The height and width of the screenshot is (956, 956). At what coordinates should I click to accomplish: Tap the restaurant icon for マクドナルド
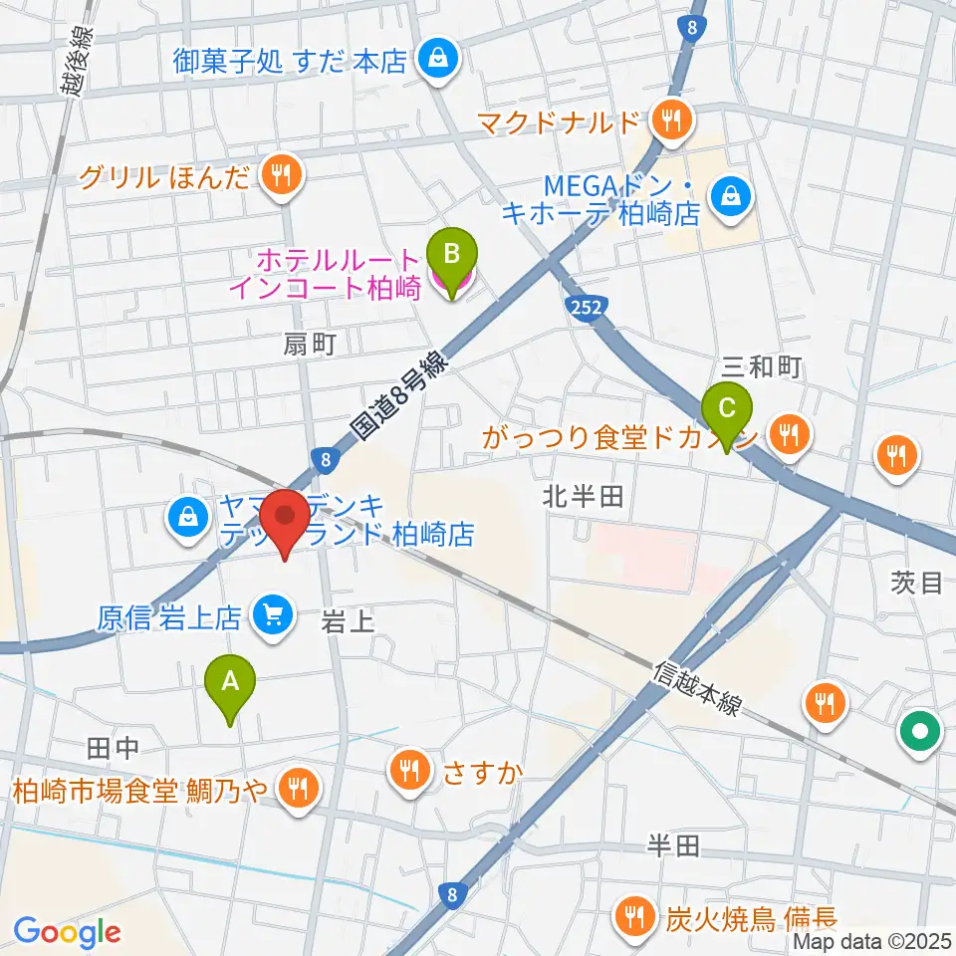click(668, 122)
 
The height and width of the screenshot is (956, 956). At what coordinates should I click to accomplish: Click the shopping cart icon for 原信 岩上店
click(270, 617)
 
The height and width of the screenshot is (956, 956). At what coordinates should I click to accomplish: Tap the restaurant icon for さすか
click(409, 768)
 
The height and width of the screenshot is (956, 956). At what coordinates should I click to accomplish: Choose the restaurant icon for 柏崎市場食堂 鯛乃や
click(297, 790)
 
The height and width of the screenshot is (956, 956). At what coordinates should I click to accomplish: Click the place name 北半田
click(584, 496)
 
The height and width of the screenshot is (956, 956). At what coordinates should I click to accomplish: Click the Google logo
click(66, 932)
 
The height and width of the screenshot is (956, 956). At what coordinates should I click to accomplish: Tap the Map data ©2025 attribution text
click(872, 940)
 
